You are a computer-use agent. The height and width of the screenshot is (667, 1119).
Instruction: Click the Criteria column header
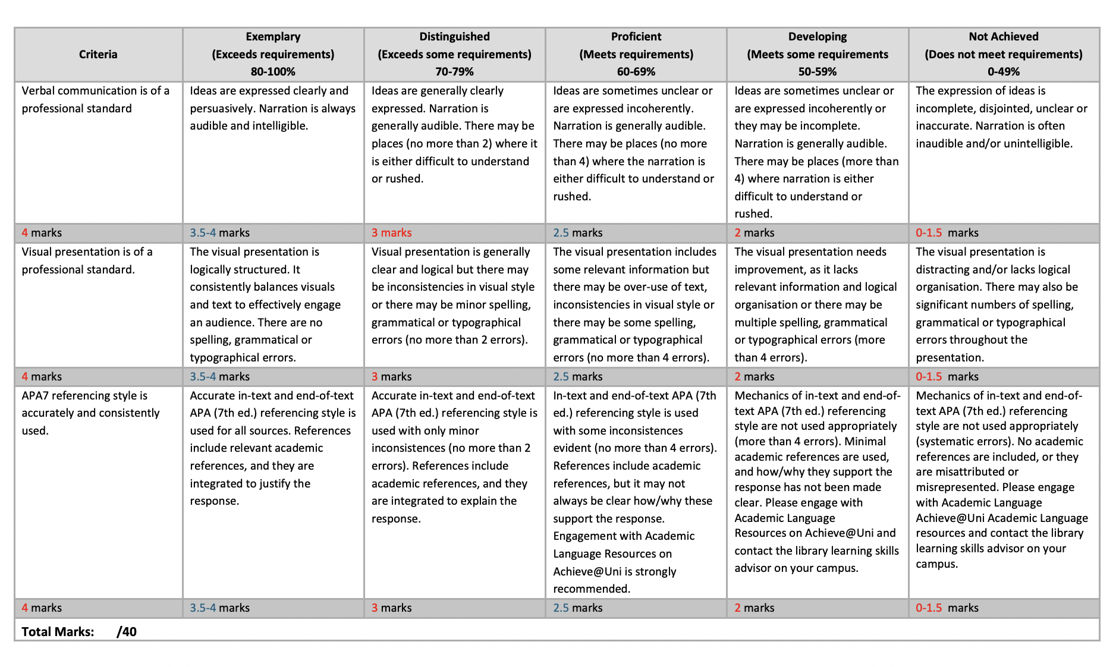pyautogui.click(x=98, y=54)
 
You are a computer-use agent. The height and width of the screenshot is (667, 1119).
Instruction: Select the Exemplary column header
pyautogui.click(x=273, y=37)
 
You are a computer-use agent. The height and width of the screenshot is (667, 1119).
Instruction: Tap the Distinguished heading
pyautogui.click(x=454, y=37)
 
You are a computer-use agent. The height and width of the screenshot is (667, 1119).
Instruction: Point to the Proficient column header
pyautogui.click(x=636, y=37)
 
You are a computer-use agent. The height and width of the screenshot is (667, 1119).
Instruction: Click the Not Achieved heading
pyautogui.click(x=1003, y=37)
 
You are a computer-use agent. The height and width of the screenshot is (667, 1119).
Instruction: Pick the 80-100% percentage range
pyautogui.click(x=273, y=71)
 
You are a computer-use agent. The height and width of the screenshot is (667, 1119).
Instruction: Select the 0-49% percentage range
pyautogui.click(x=1003, y=71)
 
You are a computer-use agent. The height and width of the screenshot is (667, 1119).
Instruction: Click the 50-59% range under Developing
pyautogui.click(x=817, y=71)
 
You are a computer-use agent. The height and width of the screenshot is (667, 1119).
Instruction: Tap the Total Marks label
pyautogui.click(x=58, y=631)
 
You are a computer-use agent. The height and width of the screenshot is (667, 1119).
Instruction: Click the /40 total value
pyautogui.click(x=127, y=631)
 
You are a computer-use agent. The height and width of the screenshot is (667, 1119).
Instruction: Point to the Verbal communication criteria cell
pyautogui.click(x=95, y=99)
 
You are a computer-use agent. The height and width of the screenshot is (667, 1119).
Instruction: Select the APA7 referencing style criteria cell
pyautogui.click(x=90, y=413)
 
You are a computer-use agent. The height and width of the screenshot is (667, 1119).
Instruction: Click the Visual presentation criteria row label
pyautogui.click(x=87, y=260)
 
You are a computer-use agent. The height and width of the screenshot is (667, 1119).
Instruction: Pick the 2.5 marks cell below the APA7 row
pyautogui.click(x=577, y=608)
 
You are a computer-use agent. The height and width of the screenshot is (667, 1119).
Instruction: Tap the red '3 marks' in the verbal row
pyautogui.click(x=391, y=232)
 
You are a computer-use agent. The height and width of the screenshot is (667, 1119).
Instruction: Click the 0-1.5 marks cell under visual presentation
pyautogui.click(x=947, y=376)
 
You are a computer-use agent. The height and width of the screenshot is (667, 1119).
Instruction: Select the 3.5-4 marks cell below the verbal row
pyautogui.click(x=219, y=232)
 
